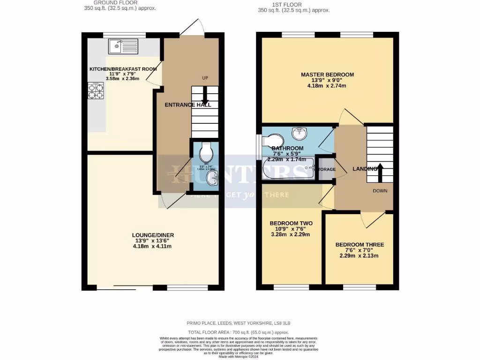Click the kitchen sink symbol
pyautogui.click(x=123, y=46)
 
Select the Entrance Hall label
pyautogui.click(x=188, y=105)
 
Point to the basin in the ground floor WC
pyautogui.click(x=212, y=177)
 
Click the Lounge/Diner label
pyautogui.click(x=150, y=235)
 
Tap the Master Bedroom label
pyautogui.click(x=327, y=75)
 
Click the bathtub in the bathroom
pyautogui.click(x=288, y=169)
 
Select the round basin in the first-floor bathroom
pyautogui.click(x=299, y=134)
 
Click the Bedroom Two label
pyautogui.click(x=291, y=223)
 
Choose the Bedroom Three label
pyautogui.click(x=360, y=245)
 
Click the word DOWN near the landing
pyautogui.click(x=380, y=191)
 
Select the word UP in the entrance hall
pyautogui.click(x=205, y=78)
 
